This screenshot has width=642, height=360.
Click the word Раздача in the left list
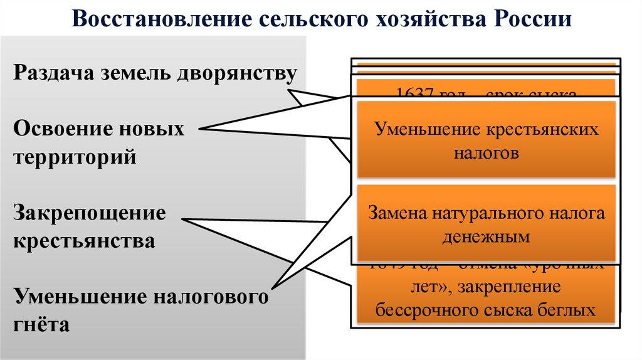[x=52, y=74]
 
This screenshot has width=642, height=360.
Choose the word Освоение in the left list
[x=55, y=129]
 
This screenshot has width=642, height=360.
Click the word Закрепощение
[x=90, y=213]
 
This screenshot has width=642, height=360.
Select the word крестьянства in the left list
[x=84, y=241]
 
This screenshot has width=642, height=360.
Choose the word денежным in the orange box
[x=487, y=236]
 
